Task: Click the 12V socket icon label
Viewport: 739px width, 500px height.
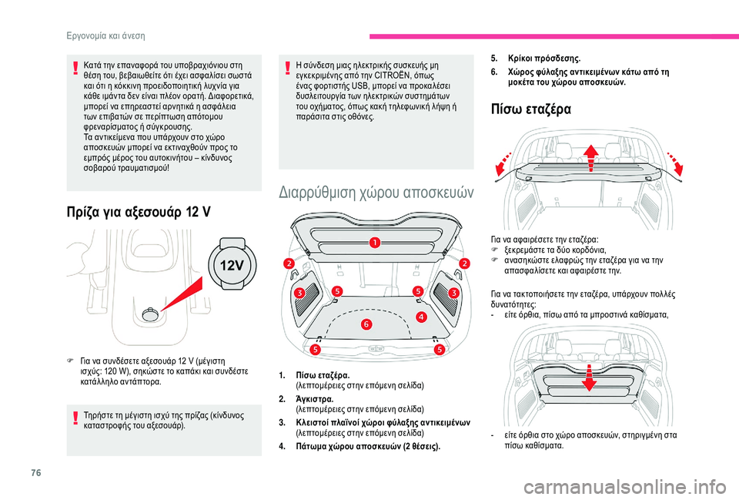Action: [x=232, y=266]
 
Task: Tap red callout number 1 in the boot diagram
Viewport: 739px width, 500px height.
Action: [x=375, y=243]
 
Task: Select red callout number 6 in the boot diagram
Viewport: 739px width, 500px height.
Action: [x=366, y=324]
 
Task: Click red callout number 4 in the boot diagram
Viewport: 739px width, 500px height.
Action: [x=421, y=317]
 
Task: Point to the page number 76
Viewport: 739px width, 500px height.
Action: [x=36, y=472]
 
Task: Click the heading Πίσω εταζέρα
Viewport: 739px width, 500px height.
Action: [x=530, y=109]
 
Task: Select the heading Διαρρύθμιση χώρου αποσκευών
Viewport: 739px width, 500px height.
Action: [x=376, y=192]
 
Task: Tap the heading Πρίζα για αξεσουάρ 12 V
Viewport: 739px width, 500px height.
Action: [x=139, y=213]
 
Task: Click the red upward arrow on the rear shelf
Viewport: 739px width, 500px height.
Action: [x=590, y=159]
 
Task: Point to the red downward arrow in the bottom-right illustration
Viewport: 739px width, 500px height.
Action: [x=589, y=378]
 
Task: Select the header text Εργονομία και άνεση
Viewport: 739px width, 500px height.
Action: [x=105, y=36]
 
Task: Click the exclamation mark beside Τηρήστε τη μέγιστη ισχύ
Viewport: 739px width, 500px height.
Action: [x=75, y=418]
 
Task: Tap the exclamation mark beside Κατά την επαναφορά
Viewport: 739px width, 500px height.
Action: [x=75, y=68]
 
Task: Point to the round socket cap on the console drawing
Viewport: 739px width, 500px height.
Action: [x=150, y=314]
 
